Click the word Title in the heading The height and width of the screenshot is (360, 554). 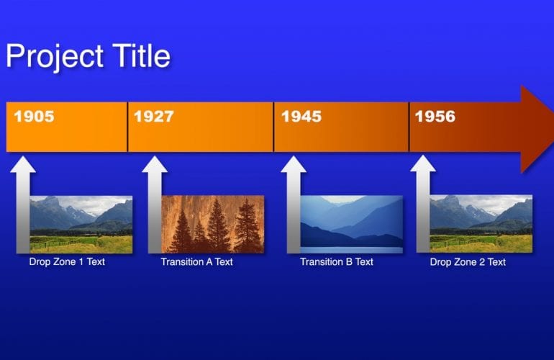tap(140, 55)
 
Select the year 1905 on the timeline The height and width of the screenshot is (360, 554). tap(34, 116)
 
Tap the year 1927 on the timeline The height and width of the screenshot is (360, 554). tap(154, 116)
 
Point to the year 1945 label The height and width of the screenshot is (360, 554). tap(301, 116)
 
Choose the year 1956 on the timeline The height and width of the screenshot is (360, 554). tap(435, 116)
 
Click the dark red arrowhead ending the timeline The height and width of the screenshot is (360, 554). tap(535, 128)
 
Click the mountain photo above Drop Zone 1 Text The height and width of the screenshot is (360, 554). tap(81, 224)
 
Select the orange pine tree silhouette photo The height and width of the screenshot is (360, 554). tap(213, 224)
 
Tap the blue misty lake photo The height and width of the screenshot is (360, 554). tap(351, 224)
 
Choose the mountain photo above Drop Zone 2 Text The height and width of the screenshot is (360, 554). tap(481, 224)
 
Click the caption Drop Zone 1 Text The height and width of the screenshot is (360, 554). tap(67, 262)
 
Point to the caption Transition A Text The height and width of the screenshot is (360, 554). tap(197, 262)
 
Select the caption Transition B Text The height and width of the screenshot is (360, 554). tap(337, 262)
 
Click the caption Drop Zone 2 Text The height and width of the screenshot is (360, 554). tap(468, 262)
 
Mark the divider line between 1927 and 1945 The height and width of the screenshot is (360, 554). tap(273, 127)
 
